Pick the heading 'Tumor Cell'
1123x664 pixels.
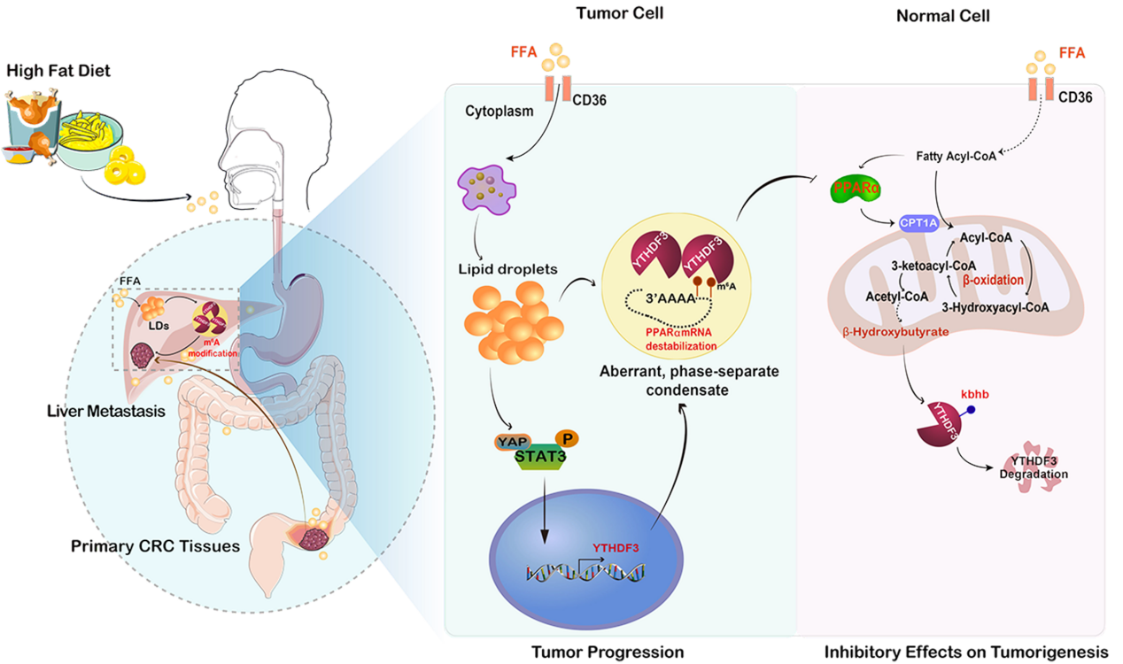pyautogui.click(x=607, y=13)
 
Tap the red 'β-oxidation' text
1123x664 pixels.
pyautogui.click(x=993, y=280)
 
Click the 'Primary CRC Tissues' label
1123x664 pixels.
pyautogui.click(x=155, y=546)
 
